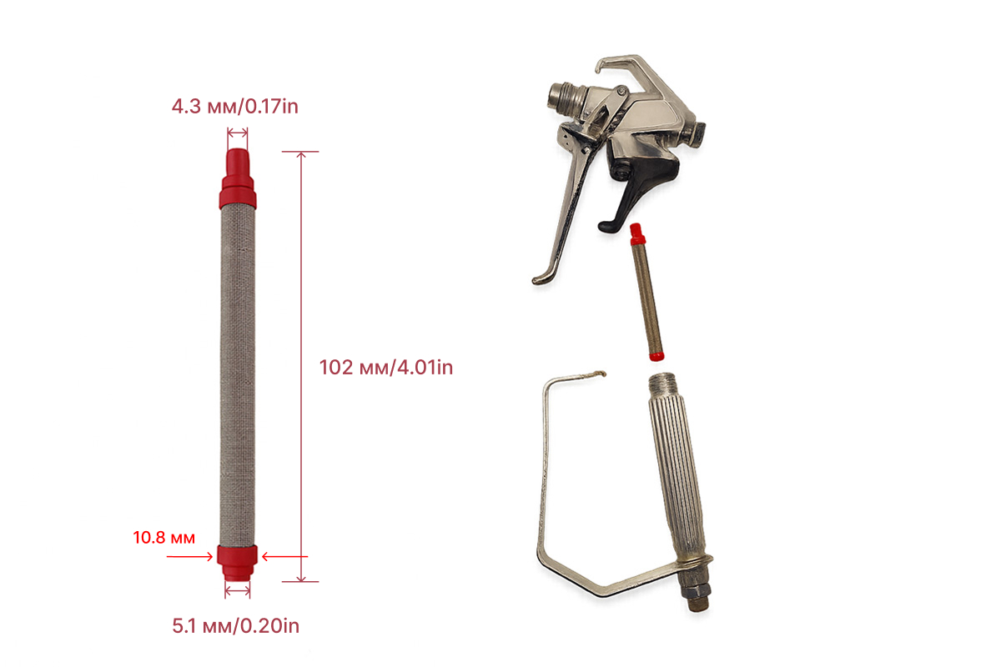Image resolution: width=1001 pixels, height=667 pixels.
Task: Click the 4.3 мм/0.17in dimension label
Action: coord(234,107)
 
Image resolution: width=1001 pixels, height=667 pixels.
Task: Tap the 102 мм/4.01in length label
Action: coord(386,368)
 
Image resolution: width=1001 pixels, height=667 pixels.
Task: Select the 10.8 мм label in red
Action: coord(164,538)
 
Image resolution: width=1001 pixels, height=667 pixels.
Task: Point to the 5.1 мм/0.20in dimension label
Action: coord(235,626)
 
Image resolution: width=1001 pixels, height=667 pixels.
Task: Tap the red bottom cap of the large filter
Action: coord(237,563)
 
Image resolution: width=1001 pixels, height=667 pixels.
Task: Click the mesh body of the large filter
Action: coord(238,377)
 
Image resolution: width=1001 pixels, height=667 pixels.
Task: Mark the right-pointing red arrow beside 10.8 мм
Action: coord(189,557)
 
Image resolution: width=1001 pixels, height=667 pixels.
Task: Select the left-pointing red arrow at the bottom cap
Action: coord(284,557)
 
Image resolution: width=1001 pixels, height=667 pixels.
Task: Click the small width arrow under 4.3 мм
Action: coord(237,133)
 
